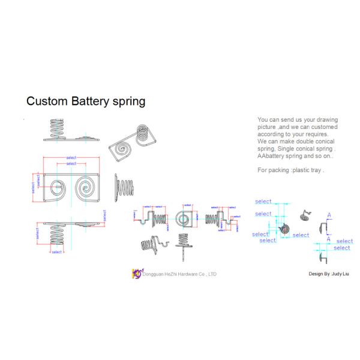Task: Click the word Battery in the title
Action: [89, 101]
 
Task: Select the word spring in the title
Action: [128, 101]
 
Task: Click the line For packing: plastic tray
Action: [290, 170]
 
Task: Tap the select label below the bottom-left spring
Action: [56, 252]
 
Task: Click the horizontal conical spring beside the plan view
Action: [125, 187]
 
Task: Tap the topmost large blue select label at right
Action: [263, 202]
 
